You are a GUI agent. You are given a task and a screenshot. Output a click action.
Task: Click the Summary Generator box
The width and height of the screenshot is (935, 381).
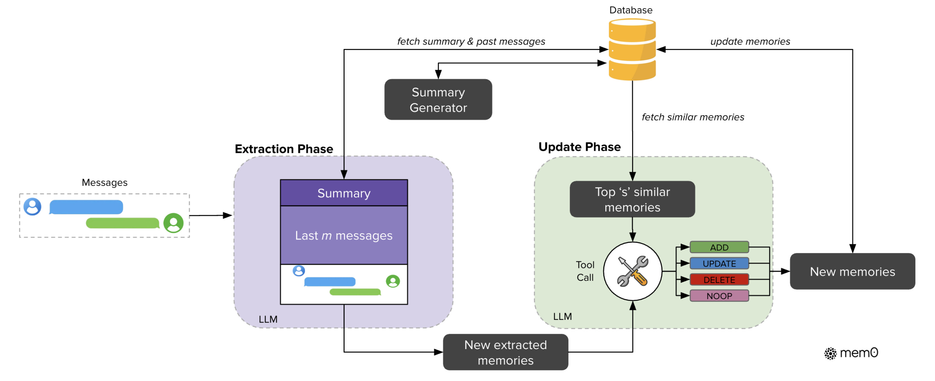(438, 99)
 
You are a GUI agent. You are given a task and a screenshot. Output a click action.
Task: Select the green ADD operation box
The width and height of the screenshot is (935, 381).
(719, 247)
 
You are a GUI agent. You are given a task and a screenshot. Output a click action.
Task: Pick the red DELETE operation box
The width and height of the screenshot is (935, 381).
(719, 280)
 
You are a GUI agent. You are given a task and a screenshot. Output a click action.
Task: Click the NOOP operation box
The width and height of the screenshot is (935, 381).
(719, 296)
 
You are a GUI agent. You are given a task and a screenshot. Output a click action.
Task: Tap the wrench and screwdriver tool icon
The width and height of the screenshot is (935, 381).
(632, 271)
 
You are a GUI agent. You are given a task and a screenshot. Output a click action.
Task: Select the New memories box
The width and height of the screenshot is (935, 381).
(852, 271)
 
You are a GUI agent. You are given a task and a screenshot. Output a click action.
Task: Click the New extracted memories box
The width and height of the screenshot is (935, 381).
(505, 352)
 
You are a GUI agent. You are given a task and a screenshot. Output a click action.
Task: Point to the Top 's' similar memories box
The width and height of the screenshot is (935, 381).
(632, 199)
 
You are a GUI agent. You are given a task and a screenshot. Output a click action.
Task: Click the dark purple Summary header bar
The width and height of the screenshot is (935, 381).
(344, 193)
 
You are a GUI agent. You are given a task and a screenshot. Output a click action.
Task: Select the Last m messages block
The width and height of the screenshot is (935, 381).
(344, 235)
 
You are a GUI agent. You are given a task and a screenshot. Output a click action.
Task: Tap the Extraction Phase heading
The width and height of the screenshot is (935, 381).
(284, 149)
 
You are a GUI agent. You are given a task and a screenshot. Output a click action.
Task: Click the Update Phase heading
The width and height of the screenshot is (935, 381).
(580, 147)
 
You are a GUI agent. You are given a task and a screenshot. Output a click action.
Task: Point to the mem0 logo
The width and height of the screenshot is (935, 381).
(851, 353)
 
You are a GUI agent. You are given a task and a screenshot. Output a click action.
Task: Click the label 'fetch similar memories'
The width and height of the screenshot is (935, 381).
(693, 117)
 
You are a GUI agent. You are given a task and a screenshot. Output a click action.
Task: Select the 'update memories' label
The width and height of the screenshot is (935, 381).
(750, 41)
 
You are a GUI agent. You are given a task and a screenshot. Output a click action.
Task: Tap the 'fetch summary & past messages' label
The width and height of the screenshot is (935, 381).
(471, 41)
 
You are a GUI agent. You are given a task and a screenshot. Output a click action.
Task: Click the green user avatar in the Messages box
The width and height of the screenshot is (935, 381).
(173, 223)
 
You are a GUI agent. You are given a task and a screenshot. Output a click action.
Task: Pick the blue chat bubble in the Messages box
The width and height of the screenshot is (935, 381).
(86, 207)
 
